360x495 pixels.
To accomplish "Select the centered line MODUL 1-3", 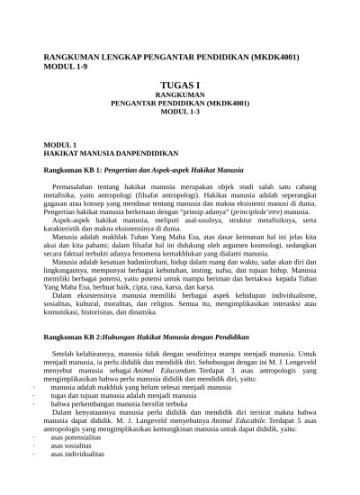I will (180, 112).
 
